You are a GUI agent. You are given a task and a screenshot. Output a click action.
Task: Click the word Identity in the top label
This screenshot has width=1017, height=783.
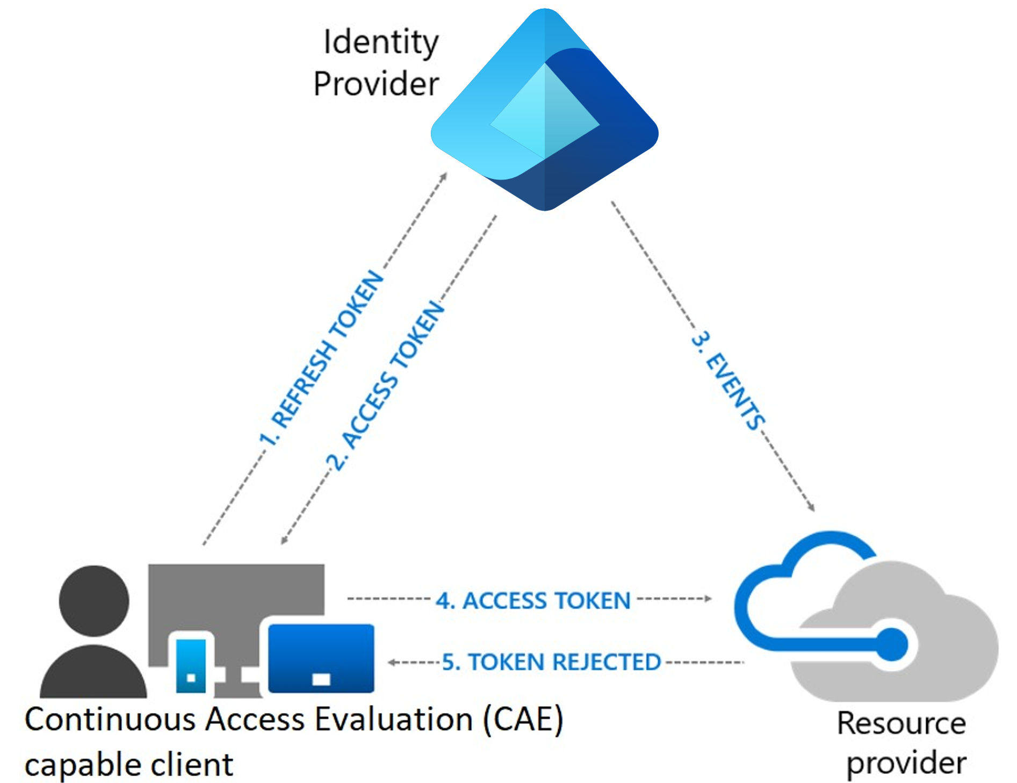[380, 43]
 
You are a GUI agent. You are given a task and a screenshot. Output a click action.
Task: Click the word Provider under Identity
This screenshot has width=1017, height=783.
[376, 84]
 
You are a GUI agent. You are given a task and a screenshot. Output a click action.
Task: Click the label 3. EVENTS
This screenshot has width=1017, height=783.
[729, 380]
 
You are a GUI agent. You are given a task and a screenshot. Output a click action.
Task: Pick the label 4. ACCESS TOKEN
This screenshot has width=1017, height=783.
[533, 600]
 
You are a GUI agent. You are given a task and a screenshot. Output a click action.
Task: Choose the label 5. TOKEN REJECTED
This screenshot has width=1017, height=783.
[551, 662]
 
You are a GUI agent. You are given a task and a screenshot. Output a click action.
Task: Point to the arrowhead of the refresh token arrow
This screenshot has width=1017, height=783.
[444, 176]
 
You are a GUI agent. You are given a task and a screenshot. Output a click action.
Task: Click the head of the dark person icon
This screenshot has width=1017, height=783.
[94, 600]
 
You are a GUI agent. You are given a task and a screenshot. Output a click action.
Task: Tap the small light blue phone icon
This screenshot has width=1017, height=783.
[191, 664]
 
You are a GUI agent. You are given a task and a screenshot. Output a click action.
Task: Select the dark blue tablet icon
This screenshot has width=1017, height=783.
[321, 658]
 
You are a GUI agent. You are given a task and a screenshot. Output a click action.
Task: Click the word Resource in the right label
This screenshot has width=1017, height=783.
[901, 723]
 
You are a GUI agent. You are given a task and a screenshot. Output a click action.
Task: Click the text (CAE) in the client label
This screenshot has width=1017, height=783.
[523, 719]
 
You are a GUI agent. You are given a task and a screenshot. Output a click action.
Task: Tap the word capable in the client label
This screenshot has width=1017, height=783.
[83, 765]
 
